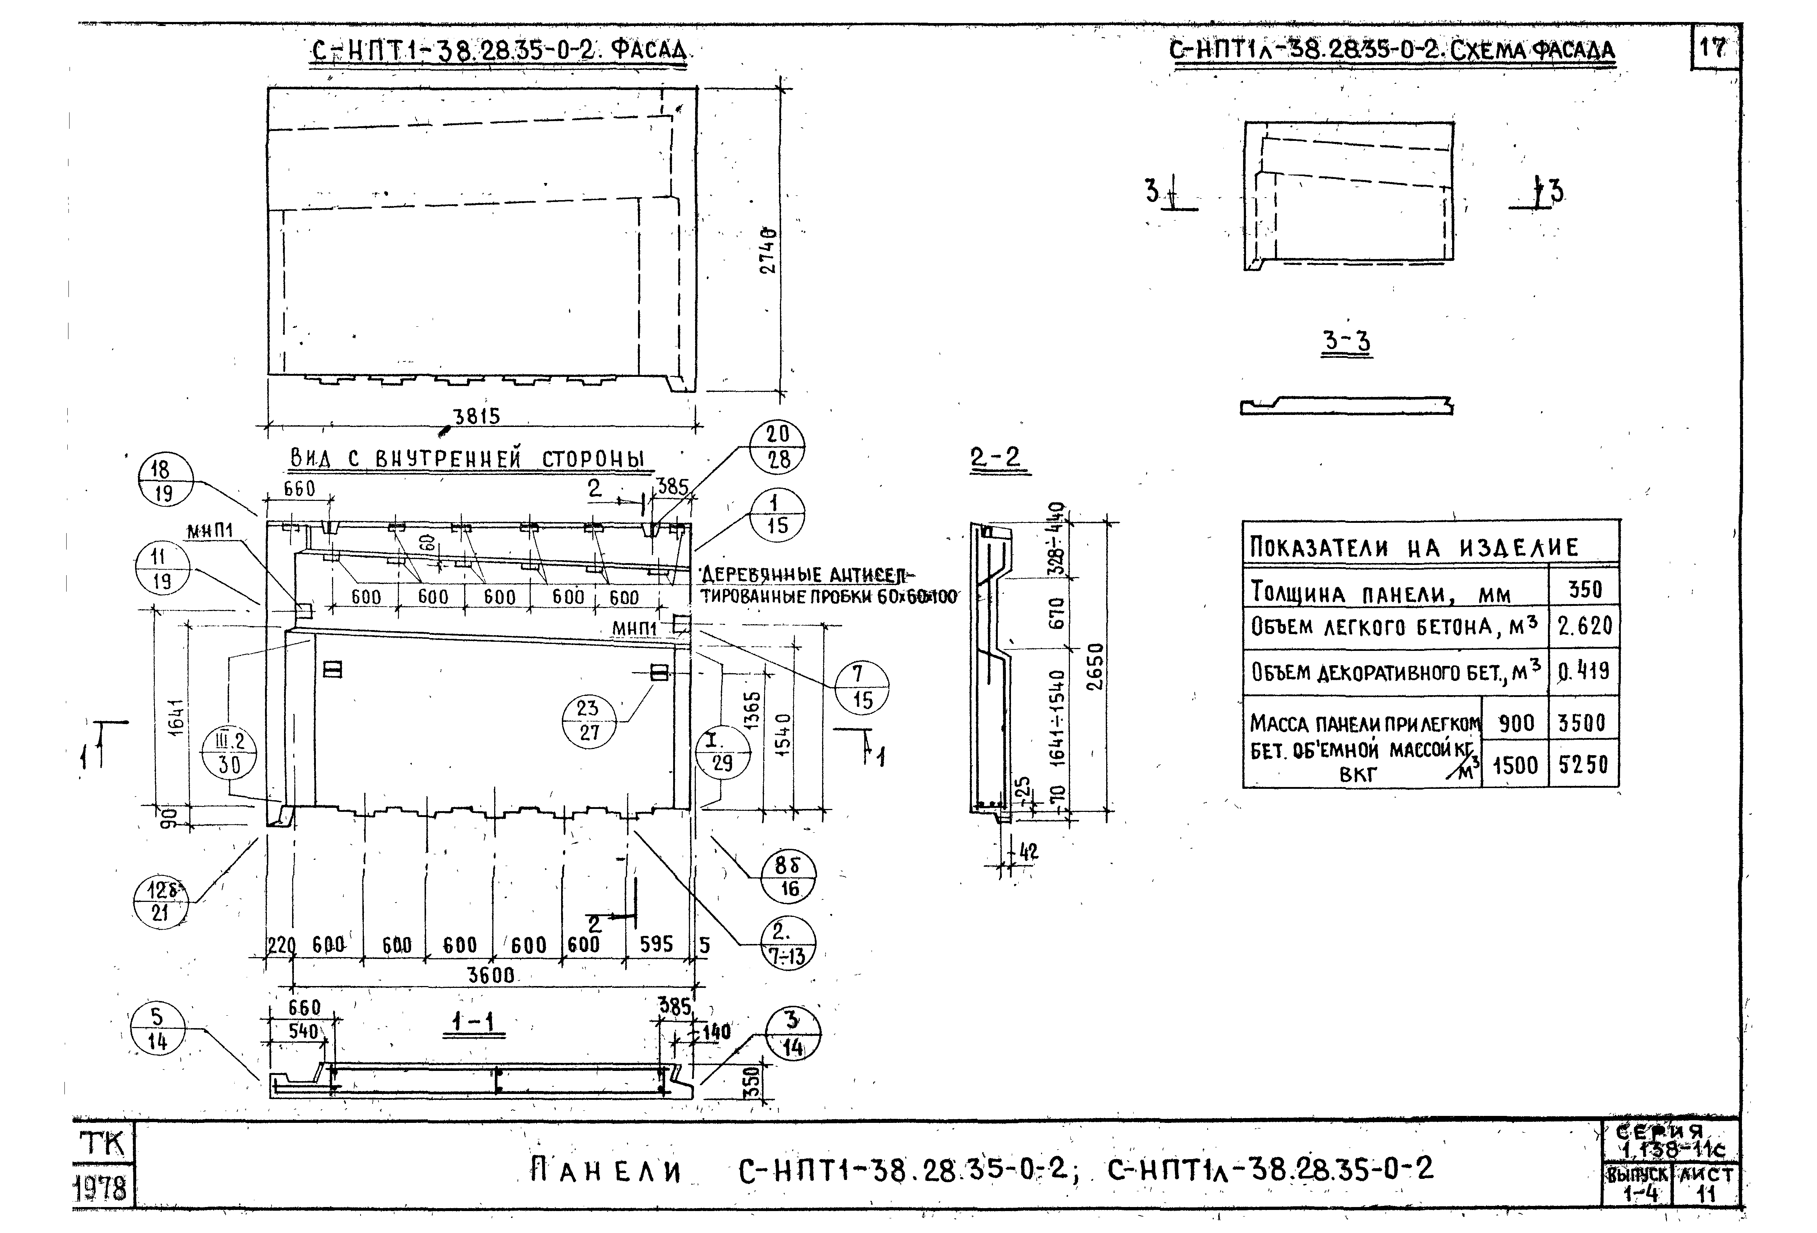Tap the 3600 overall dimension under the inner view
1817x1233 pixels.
[x=491, y=975]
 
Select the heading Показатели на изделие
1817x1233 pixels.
[x=1414, y=547]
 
